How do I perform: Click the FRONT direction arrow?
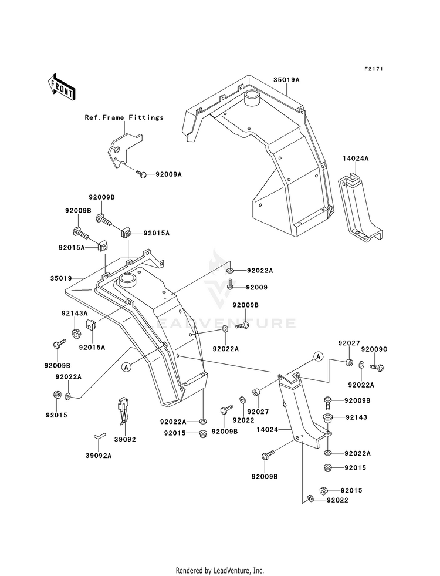(x=61, y=87)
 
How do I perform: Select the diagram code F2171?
(x=374, y=69)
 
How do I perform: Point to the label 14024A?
(x=356, y=159)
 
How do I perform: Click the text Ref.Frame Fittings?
(x=124, y=117)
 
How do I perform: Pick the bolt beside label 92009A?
(x=141, y=173)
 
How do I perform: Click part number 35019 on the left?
(x=61, y=278)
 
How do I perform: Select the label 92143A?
(x=75, y=314)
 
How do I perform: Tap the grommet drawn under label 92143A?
(x=76, y=334)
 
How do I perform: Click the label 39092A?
(x=99, y=456)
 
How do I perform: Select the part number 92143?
(x=356, y=417)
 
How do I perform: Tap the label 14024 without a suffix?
(x=267, y=429)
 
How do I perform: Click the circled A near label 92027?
(x=318, y=356)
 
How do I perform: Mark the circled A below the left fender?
(x=127, y=366)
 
